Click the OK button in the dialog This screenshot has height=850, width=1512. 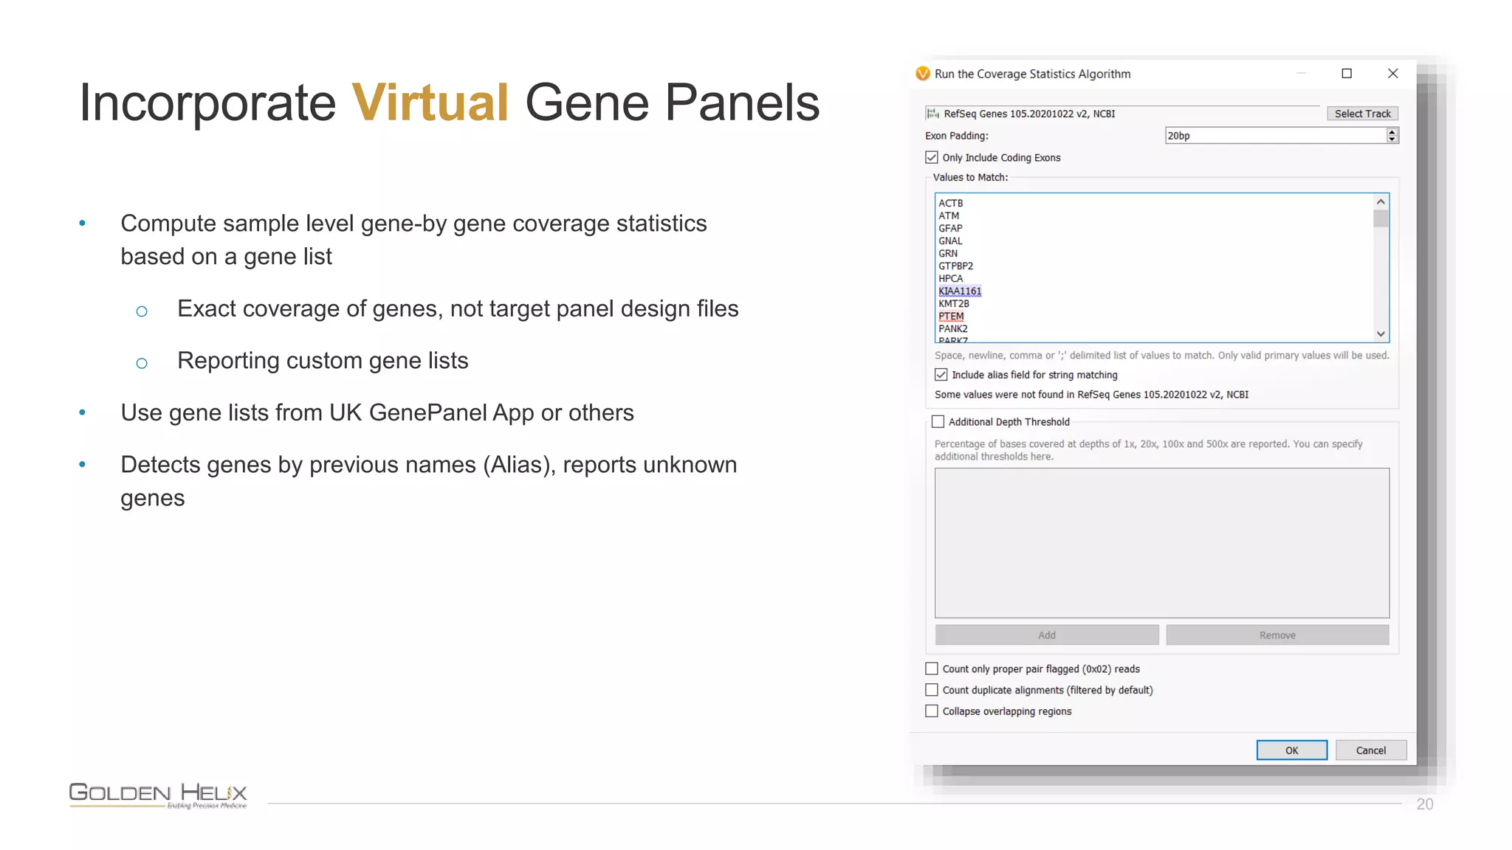point(1291,750)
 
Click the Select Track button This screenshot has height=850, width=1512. point(1362,114)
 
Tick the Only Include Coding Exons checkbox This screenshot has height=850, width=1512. point(932,157)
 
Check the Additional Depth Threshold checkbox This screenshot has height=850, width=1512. point(938,421)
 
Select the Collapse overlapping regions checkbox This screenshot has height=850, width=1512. point(932,711)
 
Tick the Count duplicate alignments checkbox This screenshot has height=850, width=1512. point(932,689)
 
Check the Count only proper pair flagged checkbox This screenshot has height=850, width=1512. point(932,668)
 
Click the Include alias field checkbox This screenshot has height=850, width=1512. point(941,375)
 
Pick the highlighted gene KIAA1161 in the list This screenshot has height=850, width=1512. point(960,291)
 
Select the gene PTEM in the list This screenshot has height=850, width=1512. point(951,316)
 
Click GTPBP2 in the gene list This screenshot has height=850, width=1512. point(955,266)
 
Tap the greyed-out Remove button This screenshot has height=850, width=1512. point(1277,635)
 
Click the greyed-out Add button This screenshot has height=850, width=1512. point(1046,635)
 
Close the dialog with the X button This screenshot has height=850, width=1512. point(1392,73)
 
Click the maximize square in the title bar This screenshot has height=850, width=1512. point(1347,73)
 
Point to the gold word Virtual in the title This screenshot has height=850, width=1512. point(430,103)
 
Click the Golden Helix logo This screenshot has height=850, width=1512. point(158,795)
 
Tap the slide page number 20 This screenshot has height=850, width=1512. point(1424,804)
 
